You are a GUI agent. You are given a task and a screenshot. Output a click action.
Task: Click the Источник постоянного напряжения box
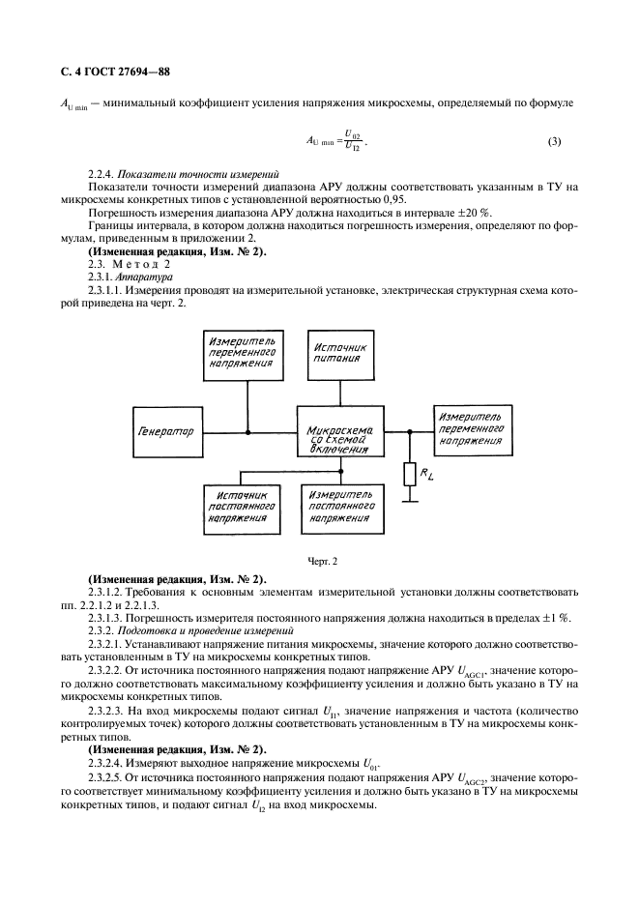click(x=241, y=505)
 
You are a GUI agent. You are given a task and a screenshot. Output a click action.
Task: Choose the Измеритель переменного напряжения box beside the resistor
click(x=472, y=431)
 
